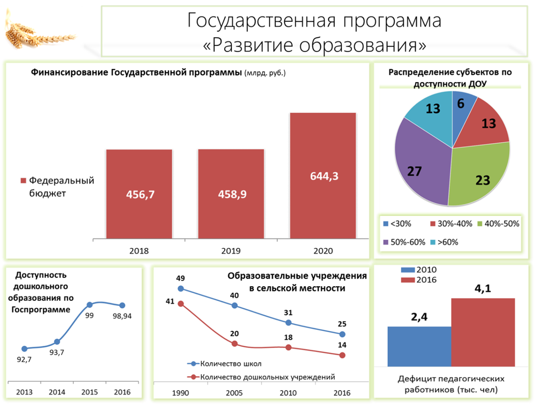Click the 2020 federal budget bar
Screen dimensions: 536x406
click(x=323, y=176)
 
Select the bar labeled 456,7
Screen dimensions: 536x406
click(x=139, y=194)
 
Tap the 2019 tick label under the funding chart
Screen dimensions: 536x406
click(x=231, y=251)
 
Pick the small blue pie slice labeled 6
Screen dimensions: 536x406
click(x=462, y=109)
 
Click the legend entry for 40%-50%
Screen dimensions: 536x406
click(x=498, y=224)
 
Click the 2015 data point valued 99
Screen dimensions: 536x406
click(x=90, y=305)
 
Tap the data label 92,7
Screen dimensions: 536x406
click(x=24, y=359)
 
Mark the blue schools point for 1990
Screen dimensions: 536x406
click(x=181, y=289)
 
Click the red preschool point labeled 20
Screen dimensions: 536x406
click(x=235, y=344)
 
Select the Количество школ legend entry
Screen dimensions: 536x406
click(x=224, y=363)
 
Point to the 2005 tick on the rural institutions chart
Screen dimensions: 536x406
click(x=234, y=393)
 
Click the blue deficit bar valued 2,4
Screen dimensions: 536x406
click(x=420, y=346)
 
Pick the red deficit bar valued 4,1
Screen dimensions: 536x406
click(x=483, y=333)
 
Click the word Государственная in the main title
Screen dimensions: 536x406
click(x=261, y=21)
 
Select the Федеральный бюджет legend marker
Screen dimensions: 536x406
click(x=23, y=181)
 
